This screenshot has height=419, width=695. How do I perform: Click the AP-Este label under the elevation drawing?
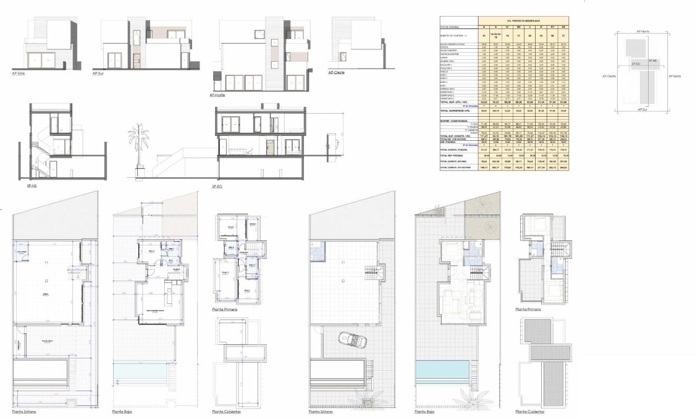[x=19, y=73]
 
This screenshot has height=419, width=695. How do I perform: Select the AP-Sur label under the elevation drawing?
[x=97, y=73]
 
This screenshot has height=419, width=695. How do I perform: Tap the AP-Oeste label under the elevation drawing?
[x=337, y=72]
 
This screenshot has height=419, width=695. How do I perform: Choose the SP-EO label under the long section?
[x=217, y=186]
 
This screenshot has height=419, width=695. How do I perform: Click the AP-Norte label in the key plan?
[x=642, y=31]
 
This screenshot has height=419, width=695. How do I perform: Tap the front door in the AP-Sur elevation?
[x=137, y=61]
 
